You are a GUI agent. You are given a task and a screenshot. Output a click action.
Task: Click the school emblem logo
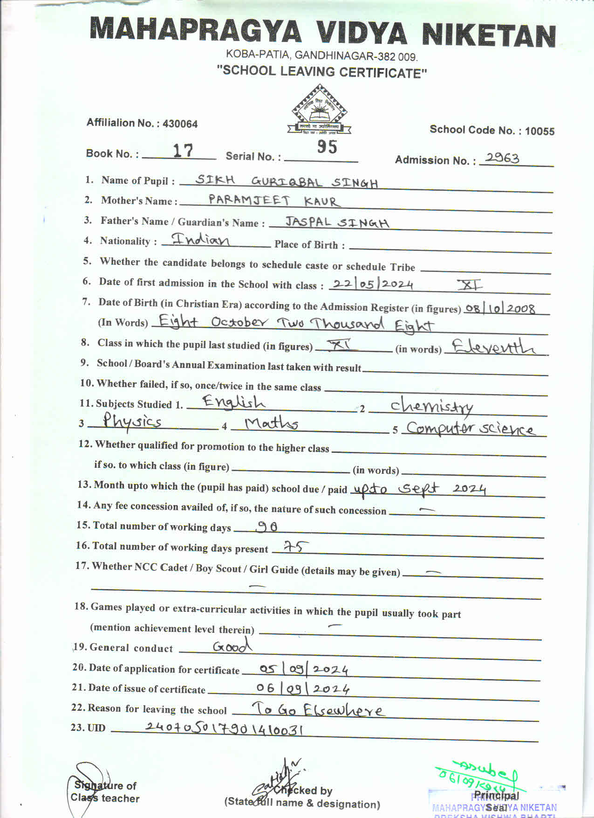320,111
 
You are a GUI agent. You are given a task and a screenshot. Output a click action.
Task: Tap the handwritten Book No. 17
183,151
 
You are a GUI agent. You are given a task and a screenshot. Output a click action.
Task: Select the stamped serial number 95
327,147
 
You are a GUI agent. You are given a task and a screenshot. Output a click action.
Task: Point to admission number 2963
502,158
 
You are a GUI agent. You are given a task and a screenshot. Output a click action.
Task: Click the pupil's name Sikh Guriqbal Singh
286,181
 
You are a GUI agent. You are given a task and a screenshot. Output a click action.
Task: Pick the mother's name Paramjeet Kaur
274,201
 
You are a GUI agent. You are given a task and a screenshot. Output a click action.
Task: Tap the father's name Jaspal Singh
337,222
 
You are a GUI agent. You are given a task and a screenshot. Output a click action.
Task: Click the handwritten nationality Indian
201,240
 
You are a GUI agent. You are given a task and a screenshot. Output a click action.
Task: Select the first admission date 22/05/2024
373,284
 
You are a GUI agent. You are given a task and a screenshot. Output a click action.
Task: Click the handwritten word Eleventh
494,347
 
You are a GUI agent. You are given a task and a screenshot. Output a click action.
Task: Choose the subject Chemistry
431,406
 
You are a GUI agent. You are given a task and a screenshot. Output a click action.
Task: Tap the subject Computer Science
470,429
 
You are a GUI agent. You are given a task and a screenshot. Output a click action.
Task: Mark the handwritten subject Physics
132,422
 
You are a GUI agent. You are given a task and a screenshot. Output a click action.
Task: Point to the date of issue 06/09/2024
303,688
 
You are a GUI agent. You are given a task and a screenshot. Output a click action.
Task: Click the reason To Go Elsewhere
318,710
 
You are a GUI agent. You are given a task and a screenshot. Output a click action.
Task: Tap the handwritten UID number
224,728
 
